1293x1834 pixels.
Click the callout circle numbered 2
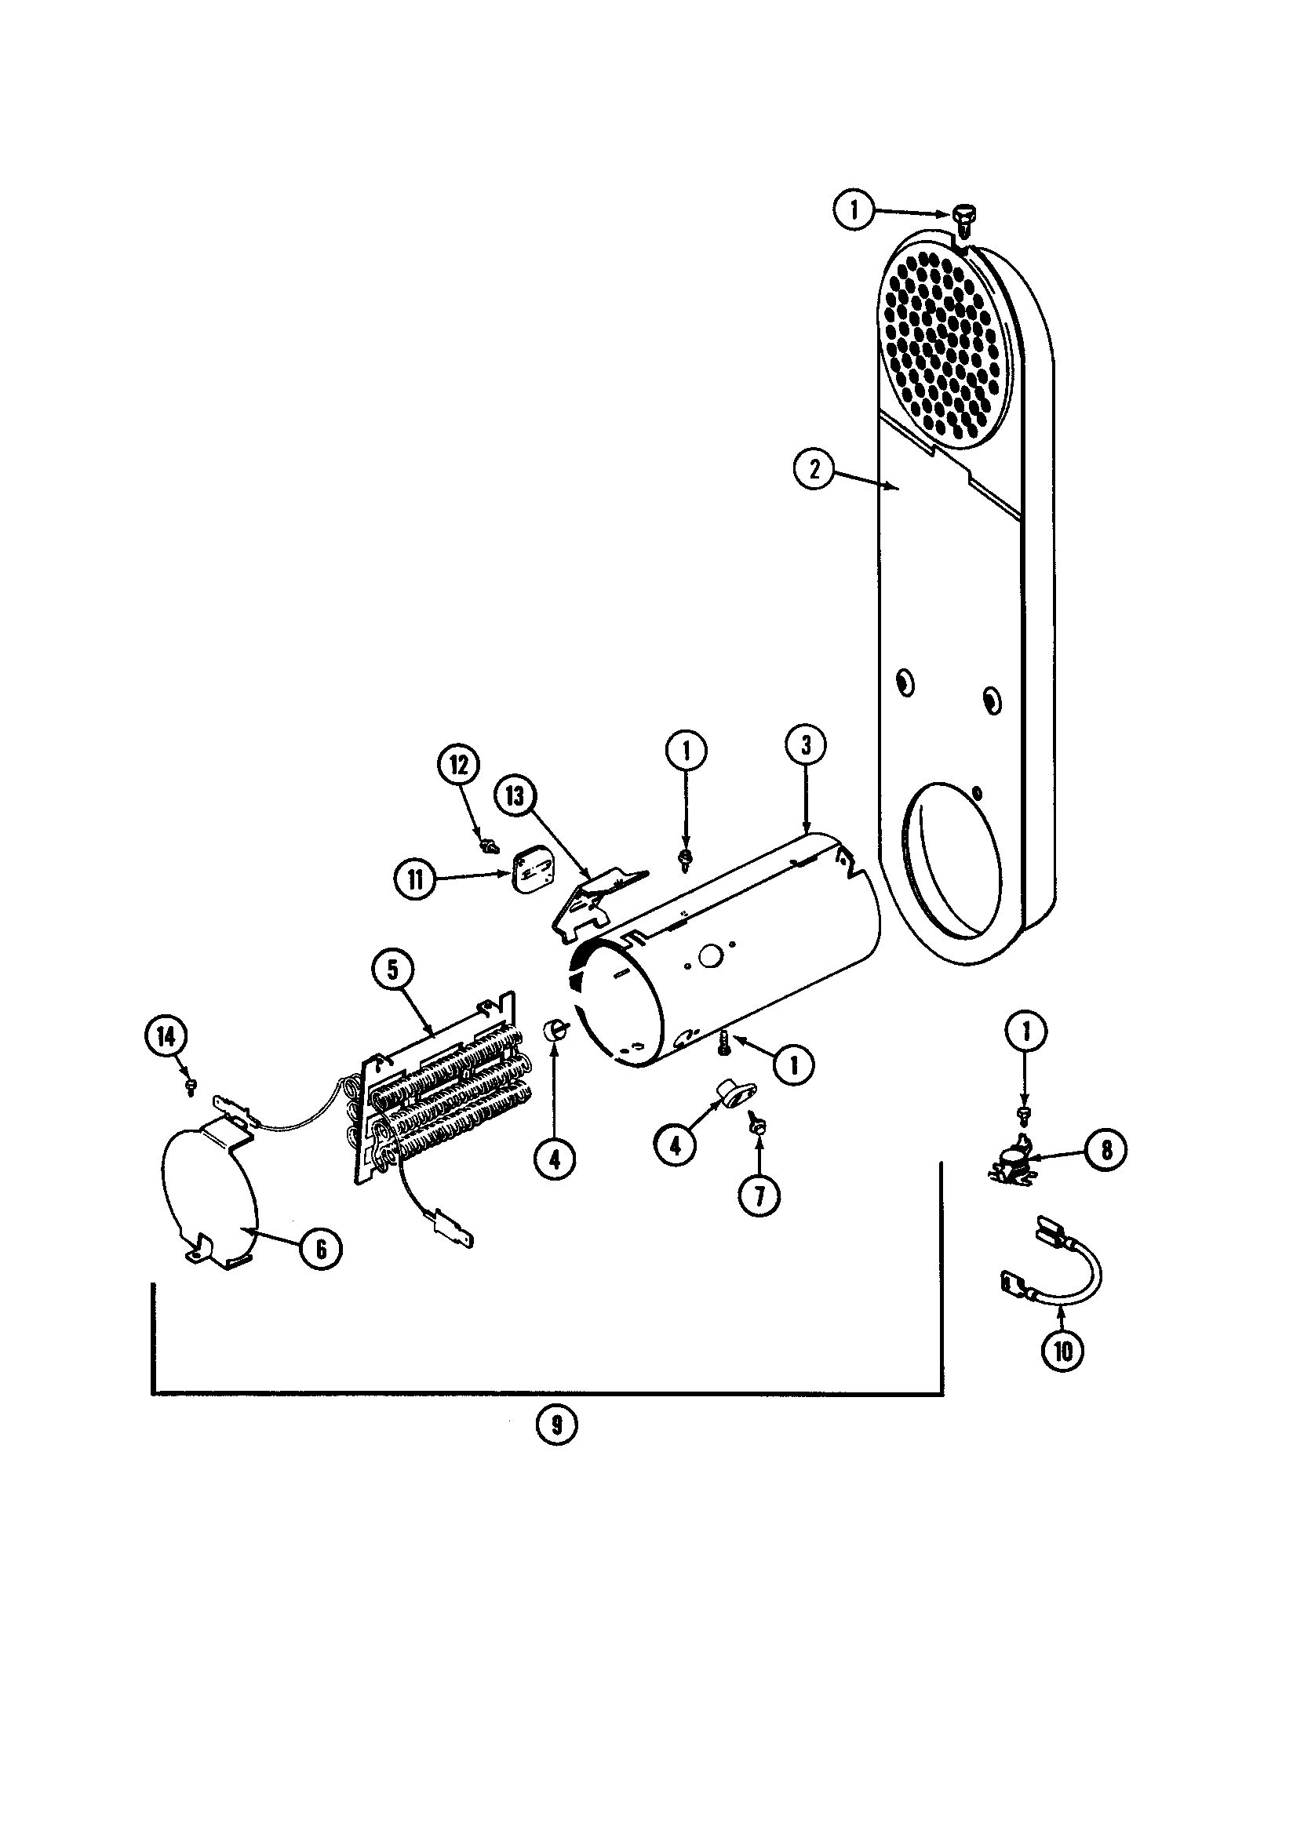(814, 469)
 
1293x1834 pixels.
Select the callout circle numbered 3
(806, 744)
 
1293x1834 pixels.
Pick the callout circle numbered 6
(319, 1248)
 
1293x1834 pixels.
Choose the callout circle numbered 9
(556, 1425)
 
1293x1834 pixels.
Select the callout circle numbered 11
(417, 879)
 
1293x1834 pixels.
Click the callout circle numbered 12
(458, 766)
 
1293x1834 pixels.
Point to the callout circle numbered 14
(166, 1036)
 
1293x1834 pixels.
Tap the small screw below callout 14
(191, 1087)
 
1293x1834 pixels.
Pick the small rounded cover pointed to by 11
(528, 872)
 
